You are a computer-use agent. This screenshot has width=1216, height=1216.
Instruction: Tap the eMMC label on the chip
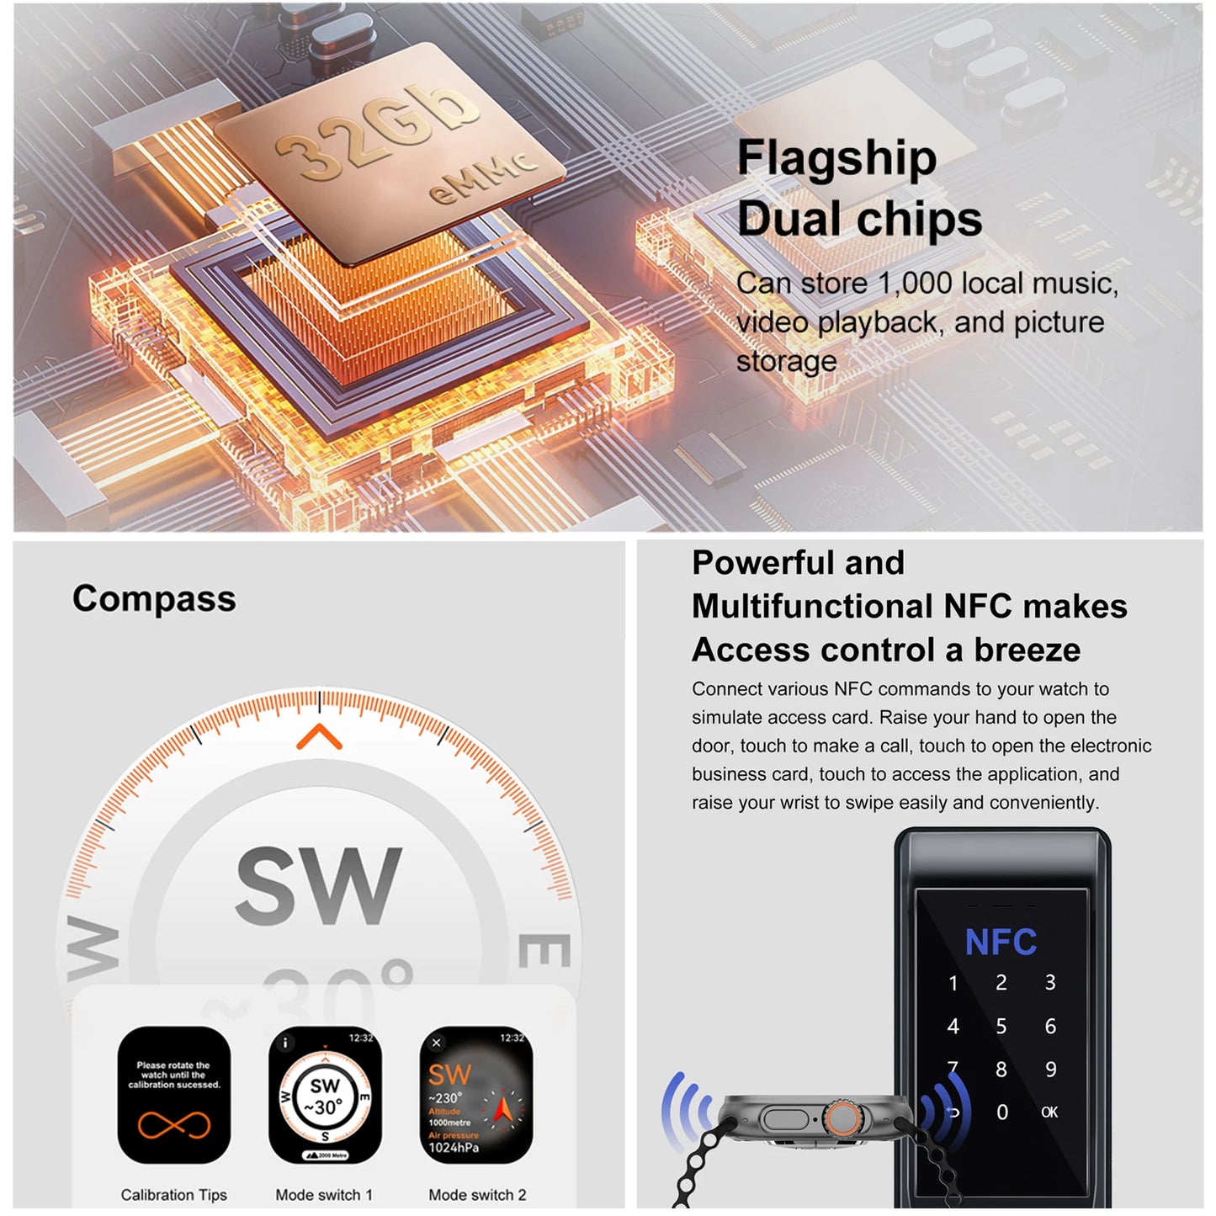click(x=481, y=178)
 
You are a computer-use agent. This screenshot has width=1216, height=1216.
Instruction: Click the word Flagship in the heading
click(x=836, y=158)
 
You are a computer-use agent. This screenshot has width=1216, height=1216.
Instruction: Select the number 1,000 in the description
click(x=915, y=284)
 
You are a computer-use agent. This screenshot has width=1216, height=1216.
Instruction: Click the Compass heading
click(x=154, y=598)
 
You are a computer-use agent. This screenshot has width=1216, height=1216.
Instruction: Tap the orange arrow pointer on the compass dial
click(x=319, y=737)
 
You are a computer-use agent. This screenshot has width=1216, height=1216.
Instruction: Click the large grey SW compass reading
click(x=318, y=885)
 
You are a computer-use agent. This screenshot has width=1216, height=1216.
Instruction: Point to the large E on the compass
click(x=544, y=951)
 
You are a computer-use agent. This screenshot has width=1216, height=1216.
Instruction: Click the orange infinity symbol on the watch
click(x=174, y=1124)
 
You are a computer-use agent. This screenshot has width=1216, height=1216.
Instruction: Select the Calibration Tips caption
click(x=174, y=1195)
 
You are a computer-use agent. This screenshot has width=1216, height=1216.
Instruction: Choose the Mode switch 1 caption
click(x=324, y=1195)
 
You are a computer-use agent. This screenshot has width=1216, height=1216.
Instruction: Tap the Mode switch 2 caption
click(x=477, y=1195)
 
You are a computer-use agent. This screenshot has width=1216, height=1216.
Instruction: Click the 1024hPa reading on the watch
click(x=454, y=1148)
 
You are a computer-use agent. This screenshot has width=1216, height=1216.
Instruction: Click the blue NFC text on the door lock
click(x=1001, y=943)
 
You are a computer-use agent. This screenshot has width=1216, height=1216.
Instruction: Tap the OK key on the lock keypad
click(x=1049, y=1112)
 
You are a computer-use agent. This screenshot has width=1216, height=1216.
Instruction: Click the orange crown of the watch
click(x=842, y=1119)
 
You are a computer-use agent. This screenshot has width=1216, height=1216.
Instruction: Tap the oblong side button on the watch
click(x=783, y=1120)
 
